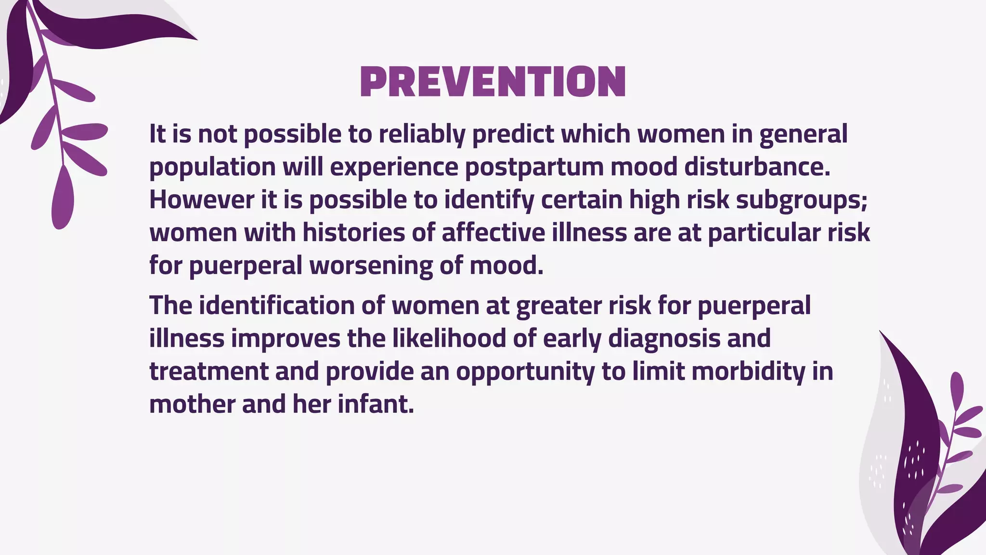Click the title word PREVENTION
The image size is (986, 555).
493,82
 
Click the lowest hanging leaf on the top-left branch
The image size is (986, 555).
63,198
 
